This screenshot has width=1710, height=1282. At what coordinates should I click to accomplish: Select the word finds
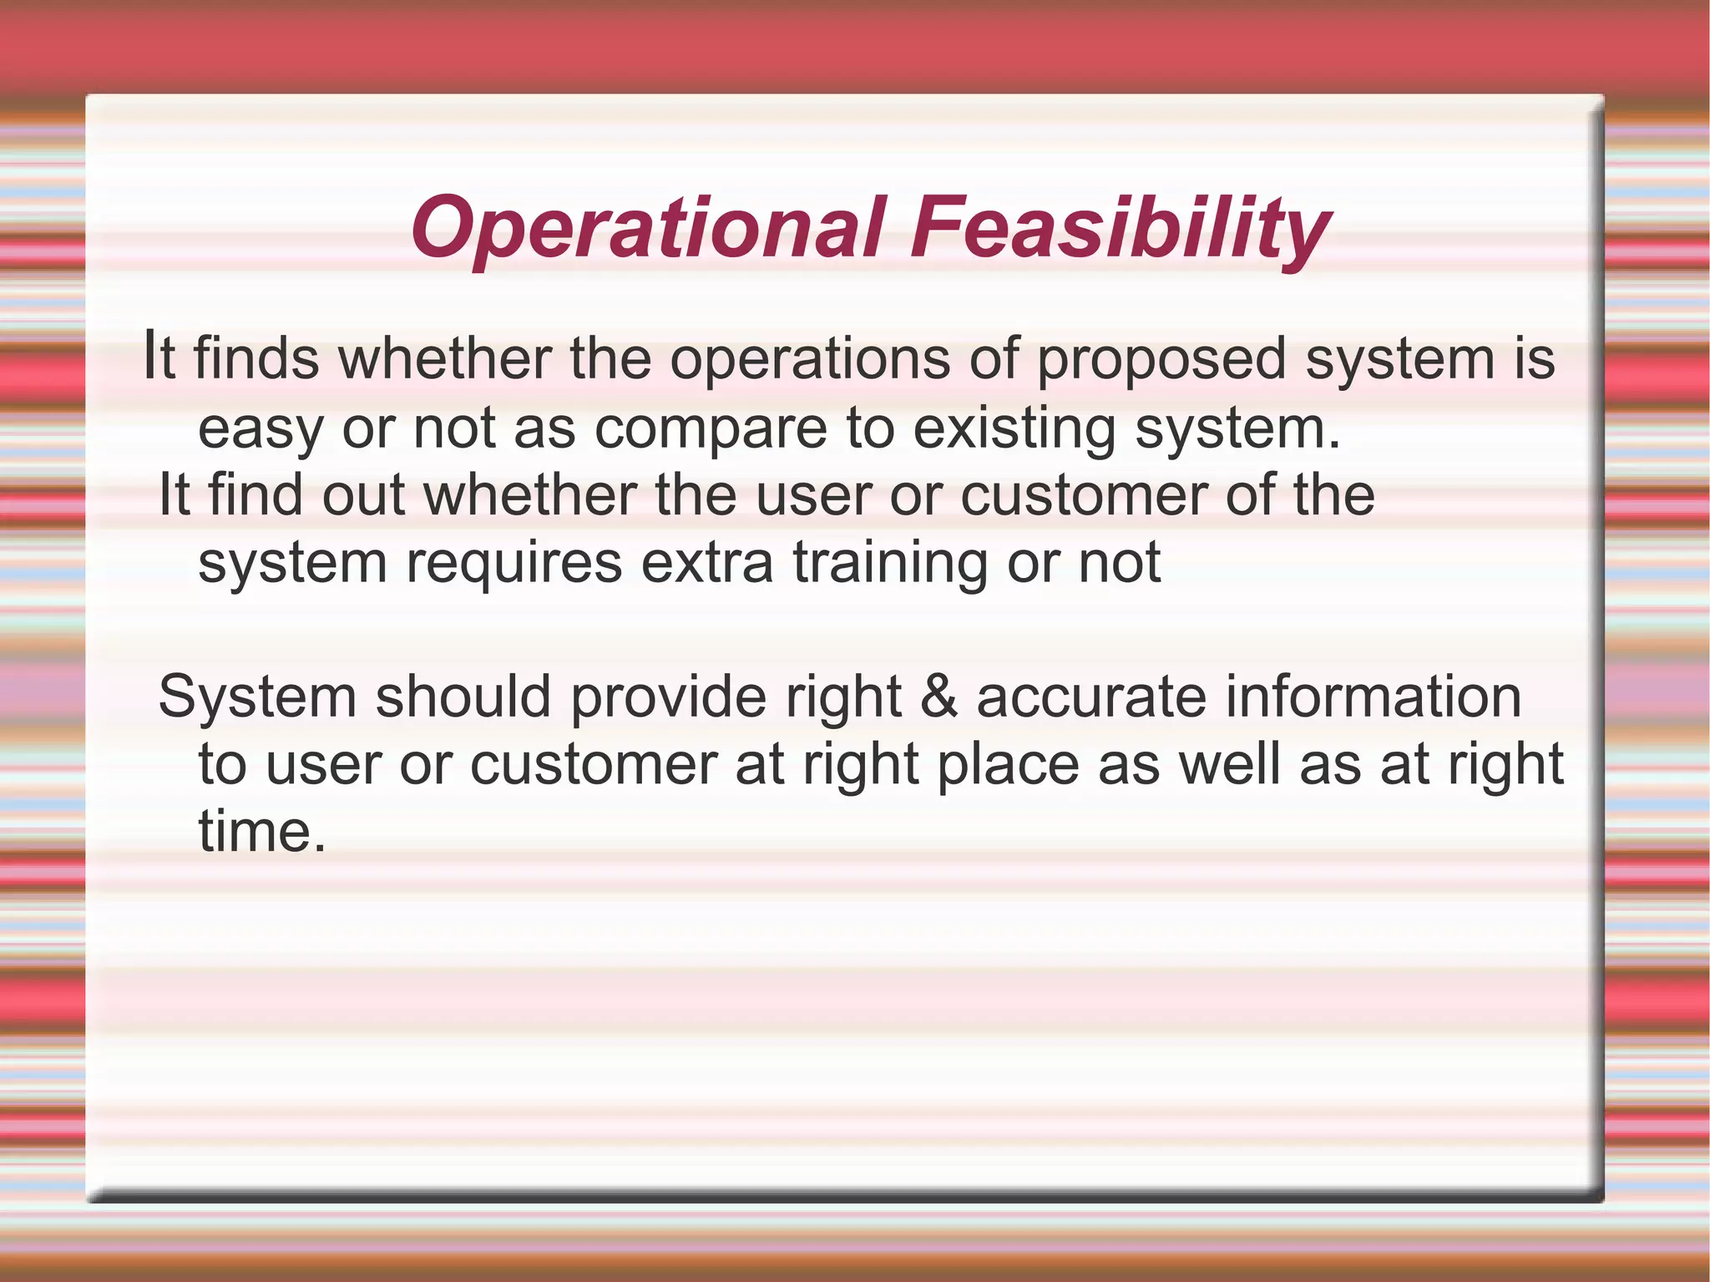pyautogui.click(x=256, y=359)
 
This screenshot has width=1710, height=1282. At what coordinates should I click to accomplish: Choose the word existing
pyautogui.click(x=1014, y=429)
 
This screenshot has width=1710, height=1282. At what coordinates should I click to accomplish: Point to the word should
pyautogui.click(x=463, y=697)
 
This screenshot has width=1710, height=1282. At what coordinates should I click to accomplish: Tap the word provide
pyautogui.click(x=668, y=698)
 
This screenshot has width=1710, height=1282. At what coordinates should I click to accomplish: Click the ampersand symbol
pyautogui.click(x=938, y=697)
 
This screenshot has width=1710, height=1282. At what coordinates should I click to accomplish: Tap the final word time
pyautogui.click(x=261, y=832)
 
